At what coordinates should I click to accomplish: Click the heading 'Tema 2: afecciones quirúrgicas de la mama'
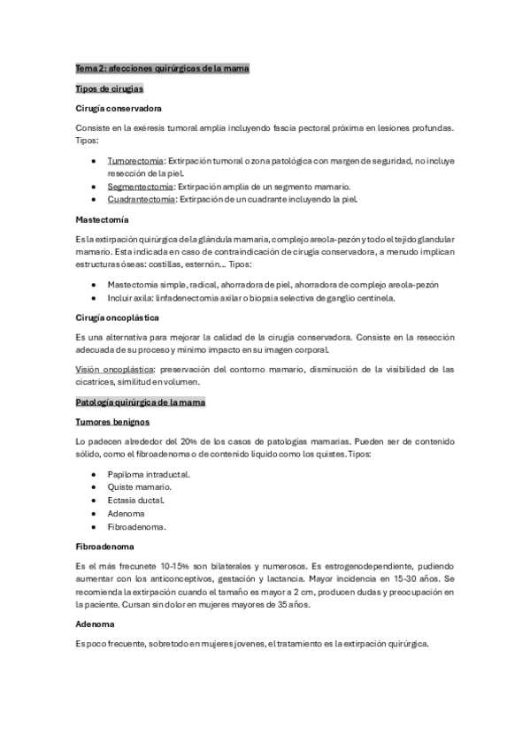click(163, 69)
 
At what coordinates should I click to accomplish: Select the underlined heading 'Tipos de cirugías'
click(110, 89)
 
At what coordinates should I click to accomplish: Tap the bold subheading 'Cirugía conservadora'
click(119, 109)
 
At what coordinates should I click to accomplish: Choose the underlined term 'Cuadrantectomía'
click(142, 200)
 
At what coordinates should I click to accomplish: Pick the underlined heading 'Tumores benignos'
click(113, 422)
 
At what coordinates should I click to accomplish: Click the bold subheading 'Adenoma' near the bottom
click(96, 624)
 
